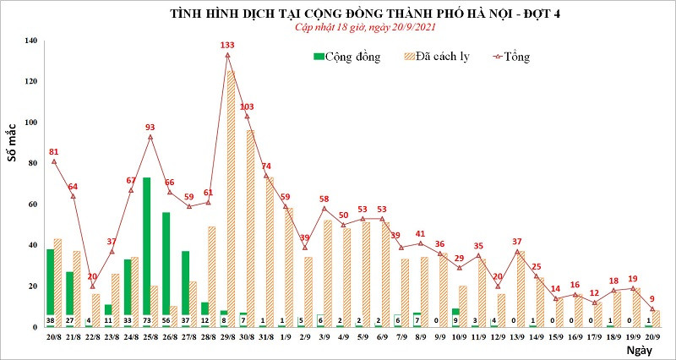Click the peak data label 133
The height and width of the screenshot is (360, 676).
click(x=227, y=45)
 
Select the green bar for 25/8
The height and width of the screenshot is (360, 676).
click(x=147, y=245)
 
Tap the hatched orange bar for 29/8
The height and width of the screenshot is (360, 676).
click(x=231, y=194)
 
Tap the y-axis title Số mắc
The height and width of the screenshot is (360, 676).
click(x=12, y=142)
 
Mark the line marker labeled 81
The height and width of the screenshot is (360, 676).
click(x=54, y=161)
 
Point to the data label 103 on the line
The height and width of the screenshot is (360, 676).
click(x=247, y=106)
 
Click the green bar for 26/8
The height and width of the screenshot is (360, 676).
click(x=166, y=262)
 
